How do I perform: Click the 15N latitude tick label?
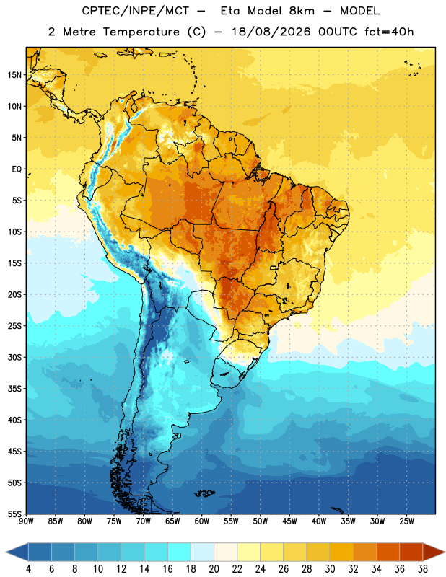tap(14, 75)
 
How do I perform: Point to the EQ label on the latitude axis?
tap(17, 169)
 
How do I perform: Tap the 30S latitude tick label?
tap(14, 357)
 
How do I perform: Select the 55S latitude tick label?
tap(14, 514)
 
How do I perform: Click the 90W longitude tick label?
tap(27, 521)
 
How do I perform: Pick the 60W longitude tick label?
tap(202, 521)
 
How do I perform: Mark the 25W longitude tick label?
tap(406, 521)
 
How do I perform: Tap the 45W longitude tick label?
tap(289, 521)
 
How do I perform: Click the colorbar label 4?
tap(28, 569)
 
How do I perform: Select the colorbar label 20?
tap(214, 569)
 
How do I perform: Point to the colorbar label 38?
tap(423, 569)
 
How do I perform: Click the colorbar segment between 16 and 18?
tap(180, 552)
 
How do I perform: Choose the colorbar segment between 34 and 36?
tap(388, 552)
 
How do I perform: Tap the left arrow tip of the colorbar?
tap(6, 552)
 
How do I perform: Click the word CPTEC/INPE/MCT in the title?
tap(135, 11)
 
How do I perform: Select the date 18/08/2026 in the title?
tap(271, 32)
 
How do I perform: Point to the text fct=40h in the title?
tap(389, 32)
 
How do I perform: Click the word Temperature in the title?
tap(141, 32)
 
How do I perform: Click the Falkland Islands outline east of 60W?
tap(205, 493)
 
